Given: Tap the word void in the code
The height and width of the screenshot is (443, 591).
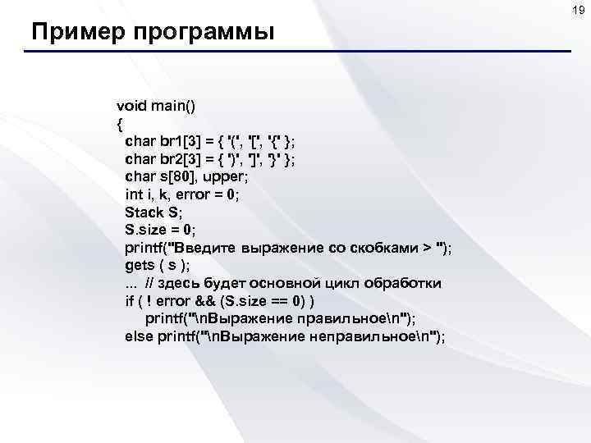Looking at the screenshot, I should click(131, 106).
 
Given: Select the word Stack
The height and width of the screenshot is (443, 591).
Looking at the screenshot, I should click(144, 211).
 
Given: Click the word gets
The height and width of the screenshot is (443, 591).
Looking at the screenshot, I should click(139, 264).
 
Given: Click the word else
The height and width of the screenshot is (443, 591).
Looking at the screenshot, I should click(138, 336).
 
